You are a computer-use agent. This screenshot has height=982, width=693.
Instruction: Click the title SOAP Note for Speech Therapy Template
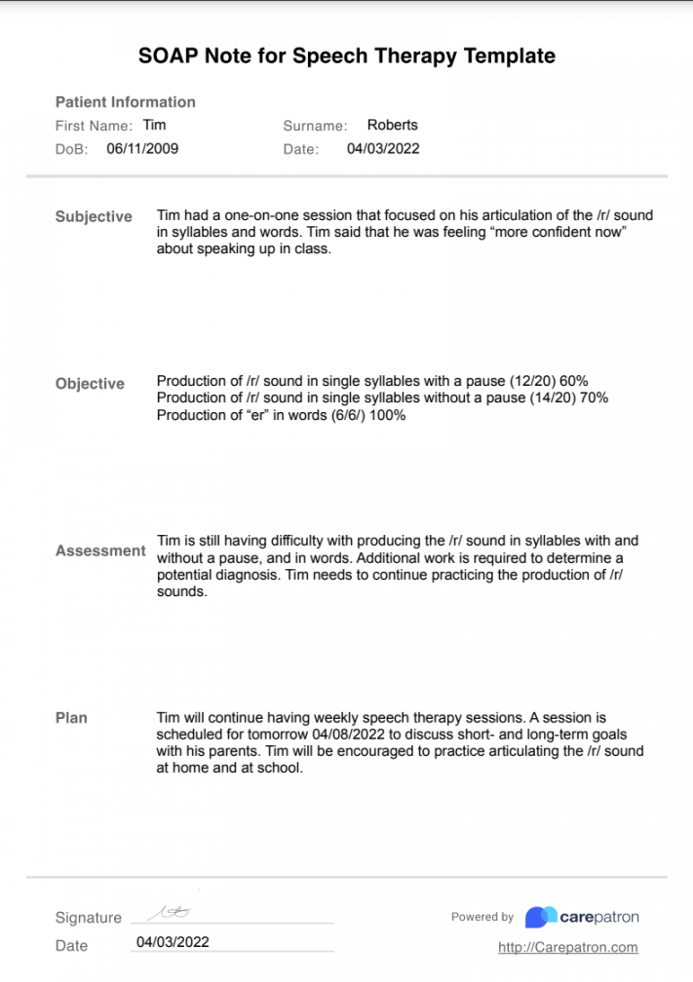(x=346, y=57)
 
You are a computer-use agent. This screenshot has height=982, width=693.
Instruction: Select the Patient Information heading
(x=125, y=102)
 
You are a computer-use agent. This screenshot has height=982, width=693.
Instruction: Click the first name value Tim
(x=154, y=125)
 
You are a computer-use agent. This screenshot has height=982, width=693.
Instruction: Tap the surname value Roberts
(x=392, y=125)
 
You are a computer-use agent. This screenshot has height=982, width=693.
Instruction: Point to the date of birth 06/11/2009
(x=142, y=149)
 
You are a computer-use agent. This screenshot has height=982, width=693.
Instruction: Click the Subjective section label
(x=94, y=217)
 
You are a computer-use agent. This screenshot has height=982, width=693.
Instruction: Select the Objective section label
(x=90, y=384)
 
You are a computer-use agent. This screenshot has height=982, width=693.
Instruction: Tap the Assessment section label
(x=100, y=551)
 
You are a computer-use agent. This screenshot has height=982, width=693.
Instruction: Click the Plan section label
(x=71, y=718)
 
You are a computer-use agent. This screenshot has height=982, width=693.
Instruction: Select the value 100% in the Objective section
(x=387, y=415)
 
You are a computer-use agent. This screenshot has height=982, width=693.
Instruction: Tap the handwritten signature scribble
(x=169, y=913)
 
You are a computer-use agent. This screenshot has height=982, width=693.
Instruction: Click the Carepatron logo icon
(x=540, y=917)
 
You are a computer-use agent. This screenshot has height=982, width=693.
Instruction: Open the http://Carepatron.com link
(x=567, y=947)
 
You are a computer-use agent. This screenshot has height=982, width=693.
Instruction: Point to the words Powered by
(x=481, y=917)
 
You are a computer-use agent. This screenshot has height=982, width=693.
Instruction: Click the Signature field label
(x=89, y=918)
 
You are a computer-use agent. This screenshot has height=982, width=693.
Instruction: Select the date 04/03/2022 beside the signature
(x=173, y=942)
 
